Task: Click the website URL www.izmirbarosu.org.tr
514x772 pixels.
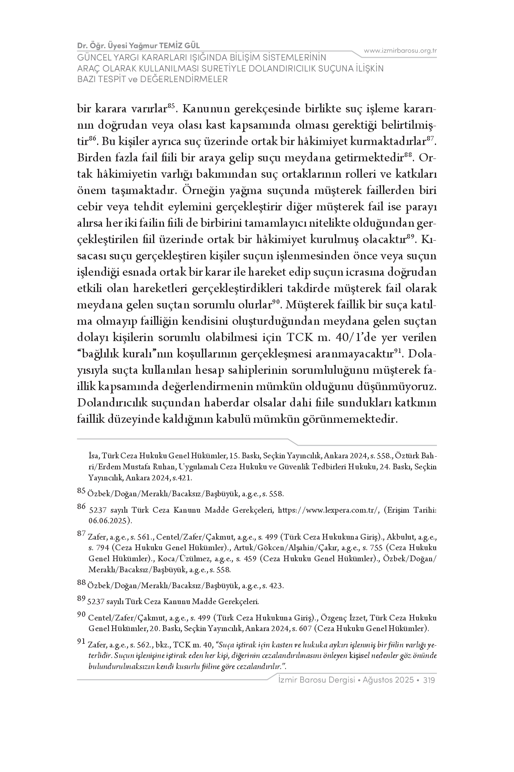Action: [400, 51]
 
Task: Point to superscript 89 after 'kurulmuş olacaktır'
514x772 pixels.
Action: [410, 236]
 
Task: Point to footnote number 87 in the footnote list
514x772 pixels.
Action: [81, 534]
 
